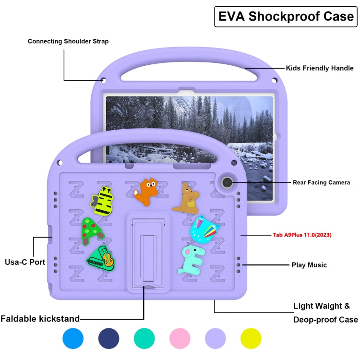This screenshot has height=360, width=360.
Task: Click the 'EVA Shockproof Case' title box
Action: point(286,16)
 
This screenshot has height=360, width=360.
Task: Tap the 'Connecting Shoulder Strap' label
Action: point(68,41)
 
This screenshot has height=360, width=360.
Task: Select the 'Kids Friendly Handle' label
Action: point(320,68)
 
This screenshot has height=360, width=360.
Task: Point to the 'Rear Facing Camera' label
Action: point(321,182)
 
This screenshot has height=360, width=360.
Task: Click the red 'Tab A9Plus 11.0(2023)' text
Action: point(301,235)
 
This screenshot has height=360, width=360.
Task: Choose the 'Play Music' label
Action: point(309,265)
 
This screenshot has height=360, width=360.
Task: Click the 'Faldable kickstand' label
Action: point(40,318)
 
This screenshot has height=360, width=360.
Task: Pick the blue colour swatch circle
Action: point(73,338)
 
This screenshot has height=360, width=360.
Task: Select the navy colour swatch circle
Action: point(109,338)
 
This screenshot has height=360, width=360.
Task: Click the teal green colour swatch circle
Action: point(144,338)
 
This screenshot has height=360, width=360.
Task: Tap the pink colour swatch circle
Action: point(180,338)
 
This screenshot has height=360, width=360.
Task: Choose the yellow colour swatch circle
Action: point(251,338)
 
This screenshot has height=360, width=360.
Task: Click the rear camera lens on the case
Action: point(226,182)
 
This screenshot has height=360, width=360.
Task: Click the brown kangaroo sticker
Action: point(185,198)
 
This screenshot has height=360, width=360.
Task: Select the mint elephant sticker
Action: point(191,259)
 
